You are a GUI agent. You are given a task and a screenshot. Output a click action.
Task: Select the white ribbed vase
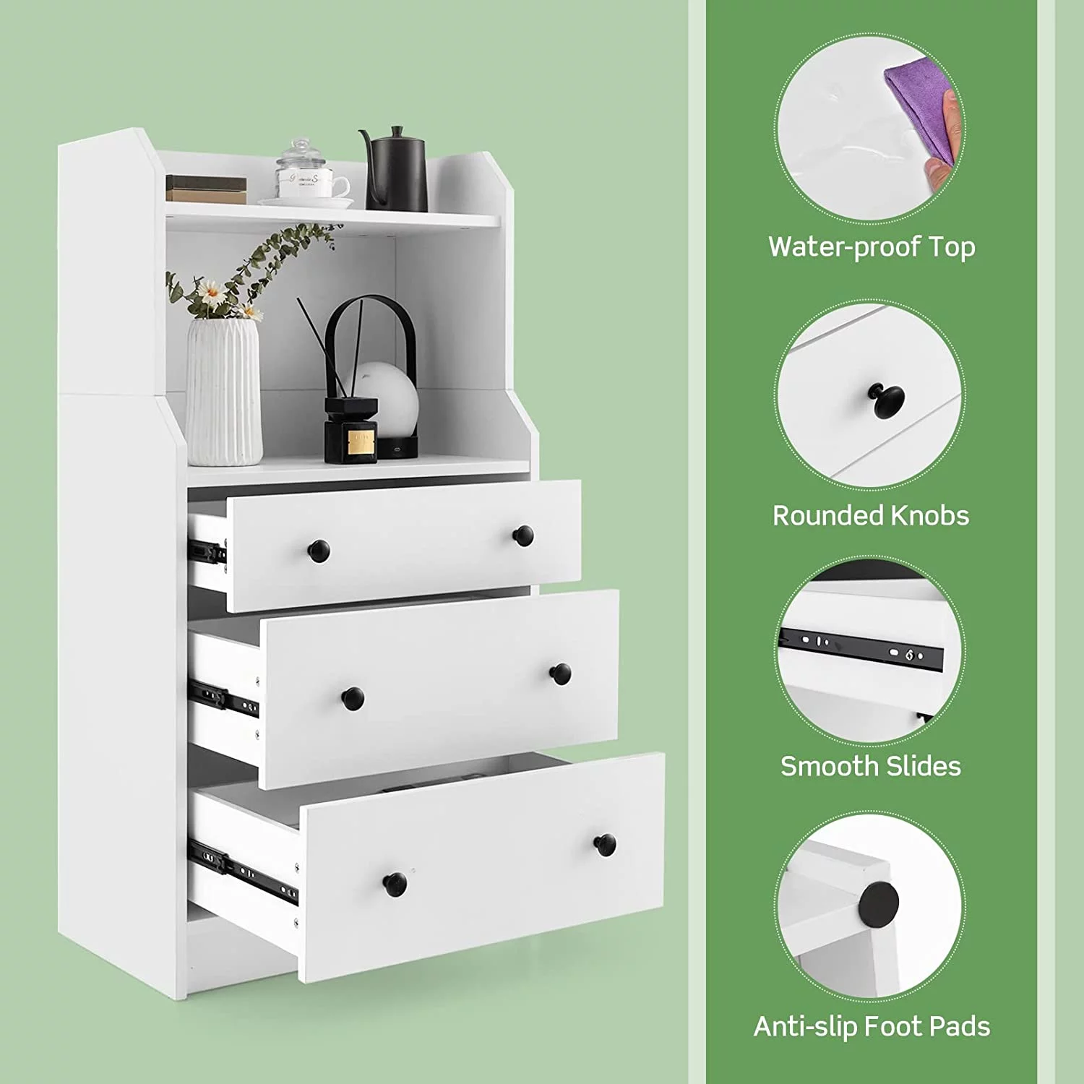(x=224, y=392)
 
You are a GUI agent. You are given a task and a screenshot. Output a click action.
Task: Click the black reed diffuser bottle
(x=351, y=430)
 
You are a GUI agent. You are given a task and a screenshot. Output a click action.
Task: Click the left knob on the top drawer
(x=319, y=551)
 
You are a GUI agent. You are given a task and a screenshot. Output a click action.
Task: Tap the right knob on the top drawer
(x=523, y=535)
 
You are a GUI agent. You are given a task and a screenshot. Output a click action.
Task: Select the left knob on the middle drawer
(x=353, y=699)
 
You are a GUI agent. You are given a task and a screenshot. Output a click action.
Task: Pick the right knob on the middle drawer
(x=560, y=674)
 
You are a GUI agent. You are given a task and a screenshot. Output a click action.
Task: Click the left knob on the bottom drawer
(x=395, y=884)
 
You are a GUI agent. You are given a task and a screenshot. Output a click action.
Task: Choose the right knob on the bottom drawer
(x=605, y=845)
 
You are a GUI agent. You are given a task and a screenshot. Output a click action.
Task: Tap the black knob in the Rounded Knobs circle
(x=887, y=401)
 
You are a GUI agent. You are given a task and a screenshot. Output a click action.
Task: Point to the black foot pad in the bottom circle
(x=879, y=902)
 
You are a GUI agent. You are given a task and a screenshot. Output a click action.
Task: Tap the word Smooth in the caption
(x=824, y=766)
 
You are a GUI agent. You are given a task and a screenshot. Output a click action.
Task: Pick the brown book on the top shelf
(x=207, y=189)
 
